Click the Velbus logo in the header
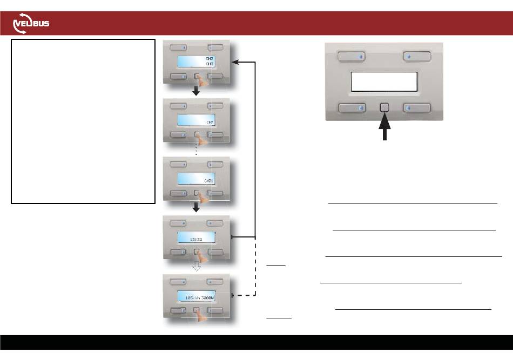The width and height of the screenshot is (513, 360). pyautogui.click(x=31, y=25)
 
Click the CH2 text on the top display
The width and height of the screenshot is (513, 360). pyautogui.click(x=210, y=58)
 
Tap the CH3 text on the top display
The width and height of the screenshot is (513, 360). pyautogui.click(x=210, y=64)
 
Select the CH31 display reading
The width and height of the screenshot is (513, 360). pyautogui.click(x=208, y=180)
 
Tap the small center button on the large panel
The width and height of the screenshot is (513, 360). pyautogui.click(x=384, y=108)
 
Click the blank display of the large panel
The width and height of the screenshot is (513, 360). pyautogui.click(x=384, y=81)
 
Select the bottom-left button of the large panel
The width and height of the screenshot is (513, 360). pyautogui.click(x=352, y=108)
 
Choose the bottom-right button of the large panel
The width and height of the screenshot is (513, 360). pyautogui.click(x=417, y=108)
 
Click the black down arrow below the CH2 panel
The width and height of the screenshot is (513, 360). pyautogui.click(x=197, y=91)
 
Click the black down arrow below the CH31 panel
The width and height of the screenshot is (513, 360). pyautogui.click(x=197, y=208)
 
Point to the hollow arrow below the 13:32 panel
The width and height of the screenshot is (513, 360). pyautogui.click(x=197, y=267)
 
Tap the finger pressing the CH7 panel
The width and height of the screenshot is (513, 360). pyautogui.click(x=203, y=140)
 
